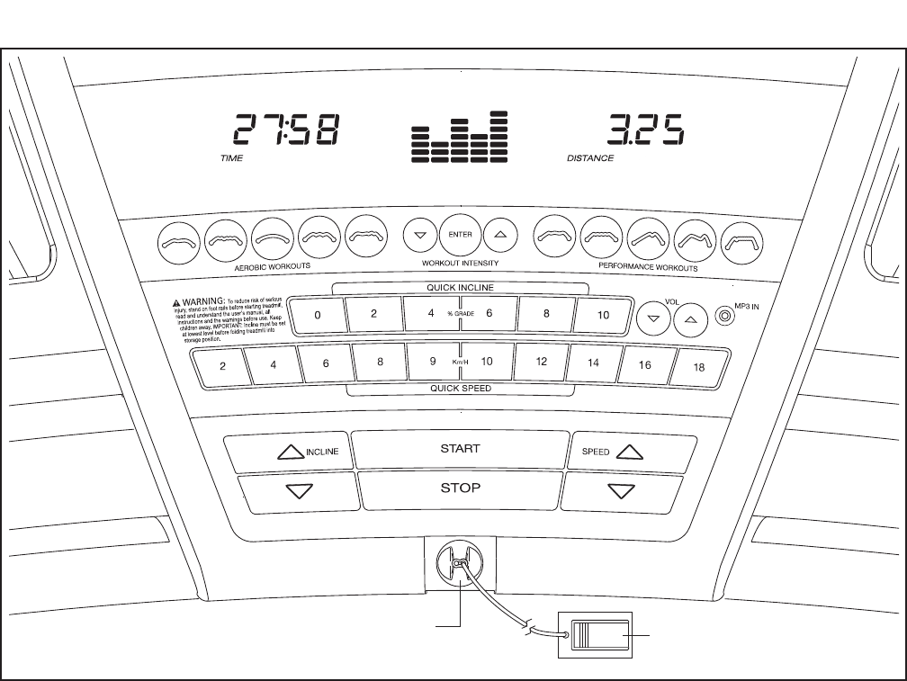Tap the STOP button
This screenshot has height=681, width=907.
[x=459, y=489]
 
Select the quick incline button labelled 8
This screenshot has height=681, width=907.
[x=546, y=316]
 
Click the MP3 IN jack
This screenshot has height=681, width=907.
[x=724, y=316]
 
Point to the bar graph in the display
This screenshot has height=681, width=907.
[x=460, y=137]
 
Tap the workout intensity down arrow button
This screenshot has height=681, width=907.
[x=418, y=237]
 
